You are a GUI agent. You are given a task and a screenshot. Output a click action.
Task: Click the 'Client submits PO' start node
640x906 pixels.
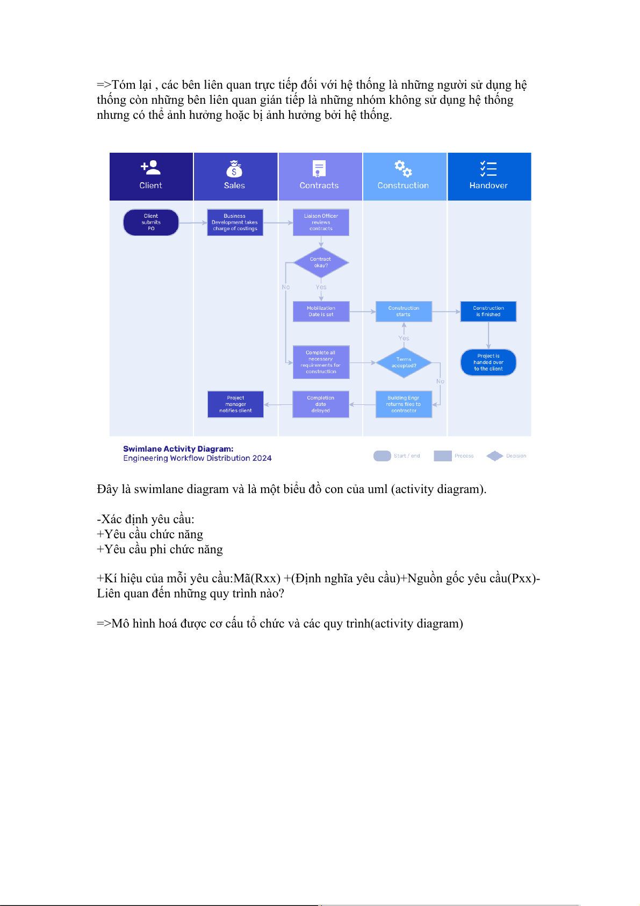point(151,223)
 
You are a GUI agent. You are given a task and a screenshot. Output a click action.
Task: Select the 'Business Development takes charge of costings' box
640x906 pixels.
point(235,223)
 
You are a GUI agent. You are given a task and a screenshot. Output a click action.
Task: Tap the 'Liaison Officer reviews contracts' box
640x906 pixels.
point(321,223)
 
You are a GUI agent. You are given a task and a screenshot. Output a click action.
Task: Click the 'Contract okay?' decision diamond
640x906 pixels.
point(321,262)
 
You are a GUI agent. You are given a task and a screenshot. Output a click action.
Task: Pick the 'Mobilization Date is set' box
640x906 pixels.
point(321,311)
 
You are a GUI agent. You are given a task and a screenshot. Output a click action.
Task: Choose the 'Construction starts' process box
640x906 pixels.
point(404,311)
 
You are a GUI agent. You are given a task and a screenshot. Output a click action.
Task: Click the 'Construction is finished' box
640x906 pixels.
point(488,311)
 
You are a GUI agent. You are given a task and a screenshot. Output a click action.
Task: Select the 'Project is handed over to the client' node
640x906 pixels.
point(488,362)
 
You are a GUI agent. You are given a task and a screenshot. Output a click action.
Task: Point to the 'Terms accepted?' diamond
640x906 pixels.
point(404,362)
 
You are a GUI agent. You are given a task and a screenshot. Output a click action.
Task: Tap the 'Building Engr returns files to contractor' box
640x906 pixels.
point(404,404)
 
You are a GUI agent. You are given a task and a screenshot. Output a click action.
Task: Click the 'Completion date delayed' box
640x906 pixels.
point(321,404)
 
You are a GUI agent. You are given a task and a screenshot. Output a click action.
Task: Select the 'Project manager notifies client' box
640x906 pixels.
point(235,404)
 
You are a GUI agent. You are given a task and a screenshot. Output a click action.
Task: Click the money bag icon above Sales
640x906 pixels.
point(234,169)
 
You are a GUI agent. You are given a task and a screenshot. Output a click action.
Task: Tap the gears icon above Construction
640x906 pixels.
point(403,169)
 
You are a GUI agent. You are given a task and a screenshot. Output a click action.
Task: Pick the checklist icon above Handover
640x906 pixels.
point(488,169)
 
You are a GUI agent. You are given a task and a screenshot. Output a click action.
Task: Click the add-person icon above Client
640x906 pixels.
point(150,168)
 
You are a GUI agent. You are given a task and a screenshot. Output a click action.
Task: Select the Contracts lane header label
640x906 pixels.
point(319,186)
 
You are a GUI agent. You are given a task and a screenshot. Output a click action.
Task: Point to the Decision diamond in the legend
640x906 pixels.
point(494,456)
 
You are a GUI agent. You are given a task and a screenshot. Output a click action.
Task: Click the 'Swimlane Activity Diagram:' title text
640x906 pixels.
point(178,449)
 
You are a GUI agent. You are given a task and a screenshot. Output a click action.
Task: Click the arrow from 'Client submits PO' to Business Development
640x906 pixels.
point(193,223)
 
